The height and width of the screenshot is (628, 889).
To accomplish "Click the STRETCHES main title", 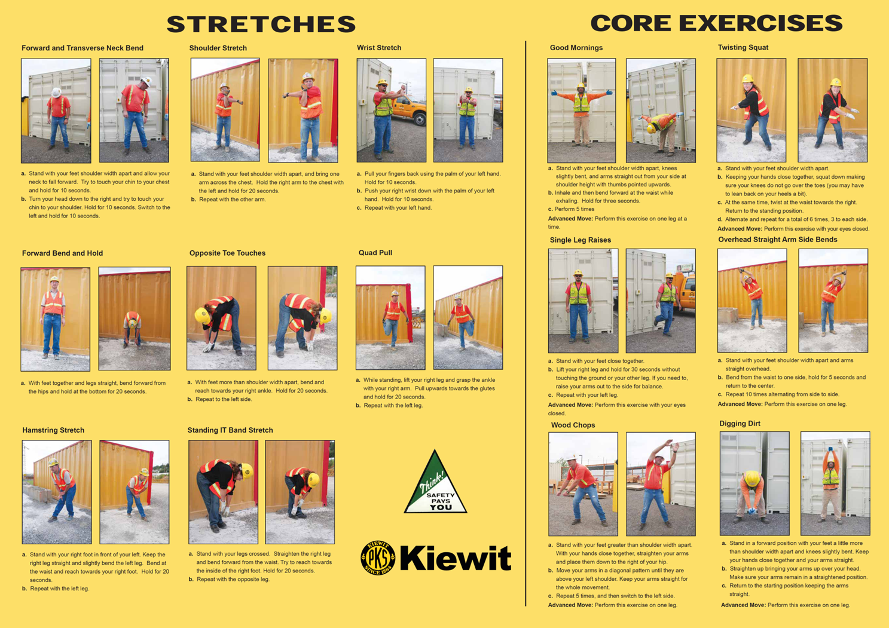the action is coord(261,24).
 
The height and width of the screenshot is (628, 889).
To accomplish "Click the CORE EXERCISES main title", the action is coord(716,23).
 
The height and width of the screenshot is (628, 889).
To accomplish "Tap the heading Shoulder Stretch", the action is coord(218,48).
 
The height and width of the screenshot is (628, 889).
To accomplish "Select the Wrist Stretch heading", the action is coord(379,48).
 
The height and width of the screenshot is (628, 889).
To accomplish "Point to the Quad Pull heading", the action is coord(375,253).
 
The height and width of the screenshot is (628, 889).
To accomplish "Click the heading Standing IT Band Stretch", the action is coord(230,430).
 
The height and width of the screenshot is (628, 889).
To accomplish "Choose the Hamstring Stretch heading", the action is coord(53,430).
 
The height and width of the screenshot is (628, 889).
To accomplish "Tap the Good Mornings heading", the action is coord(576,48).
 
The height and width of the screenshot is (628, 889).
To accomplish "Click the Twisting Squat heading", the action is coord(743,48).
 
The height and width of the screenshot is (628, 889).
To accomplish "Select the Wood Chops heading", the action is coord(573,425).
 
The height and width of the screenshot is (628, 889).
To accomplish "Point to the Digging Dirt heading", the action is coord(740,423).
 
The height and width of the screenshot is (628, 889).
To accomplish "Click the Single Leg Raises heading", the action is coord(581,240).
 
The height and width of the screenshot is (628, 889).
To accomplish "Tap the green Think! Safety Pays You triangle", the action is coord(435,486).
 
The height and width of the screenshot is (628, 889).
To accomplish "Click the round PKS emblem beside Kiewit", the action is coord(378,557).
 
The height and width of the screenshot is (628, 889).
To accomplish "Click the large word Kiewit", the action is coord(456,557).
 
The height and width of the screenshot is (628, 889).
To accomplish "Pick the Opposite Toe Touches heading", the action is coord(227,253).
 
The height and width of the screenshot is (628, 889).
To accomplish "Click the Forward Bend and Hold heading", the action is coord(62,253).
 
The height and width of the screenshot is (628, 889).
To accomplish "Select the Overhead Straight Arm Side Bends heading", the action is coord(777,240).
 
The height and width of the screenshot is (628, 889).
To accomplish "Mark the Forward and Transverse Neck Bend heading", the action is coord(82,48).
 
